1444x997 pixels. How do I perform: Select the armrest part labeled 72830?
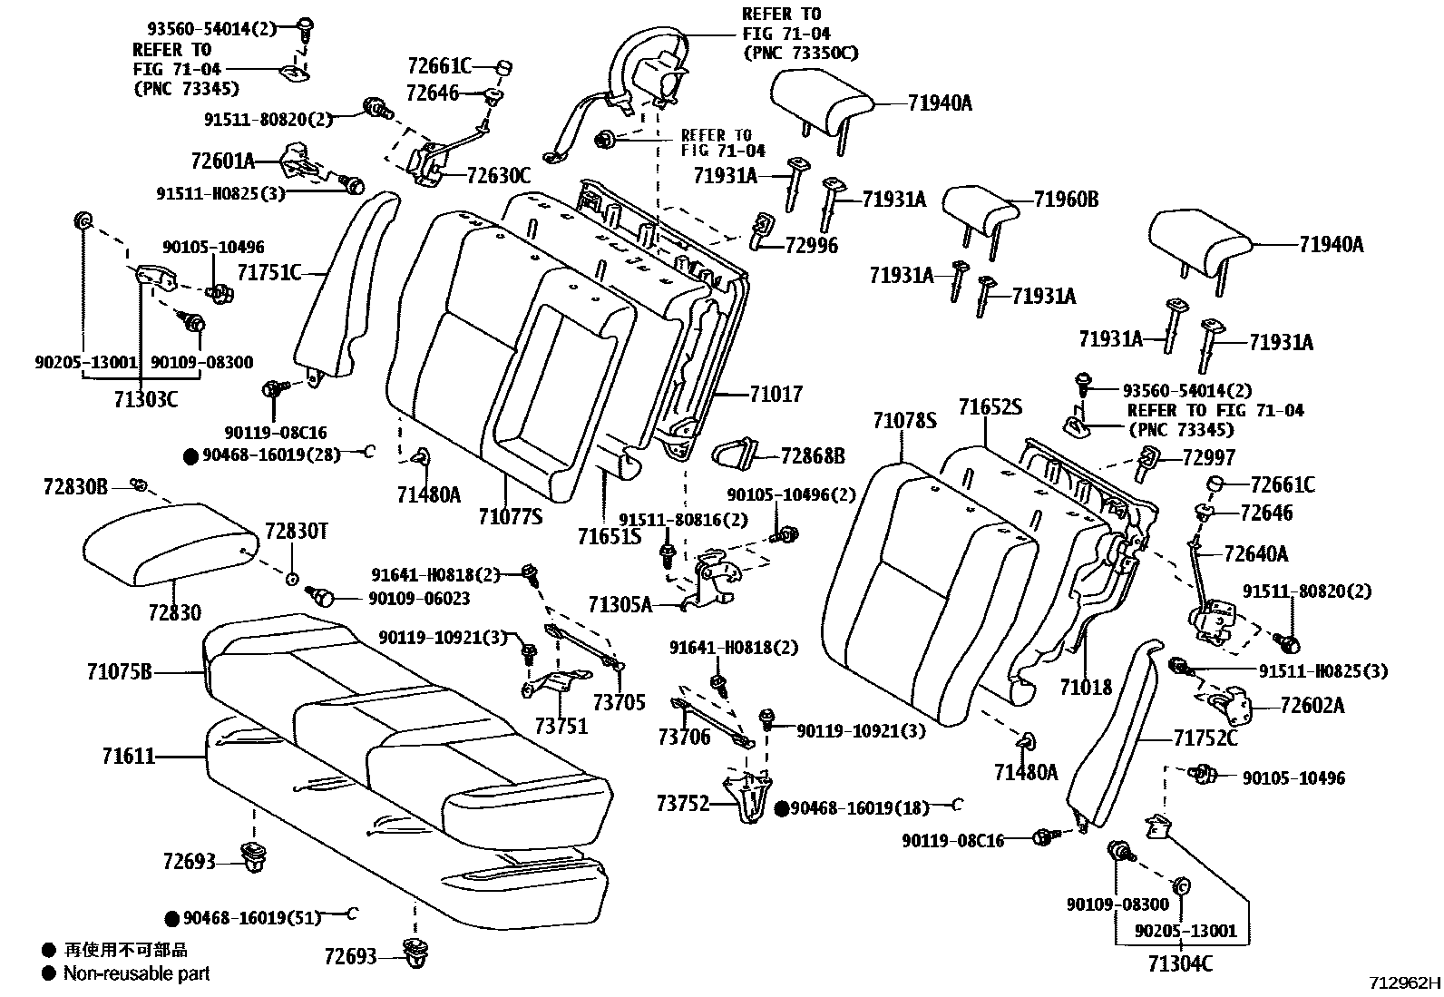point(168,542)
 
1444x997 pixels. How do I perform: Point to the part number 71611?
point(128,756)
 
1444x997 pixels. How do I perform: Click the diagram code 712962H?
point(1404,983)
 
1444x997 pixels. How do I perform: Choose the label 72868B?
point(812,455)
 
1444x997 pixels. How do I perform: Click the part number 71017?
point(776,394)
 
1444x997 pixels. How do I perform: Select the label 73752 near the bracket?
point(682,804)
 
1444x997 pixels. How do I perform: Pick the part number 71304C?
point(1179,963)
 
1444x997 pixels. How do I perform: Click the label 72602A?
point(1312,705)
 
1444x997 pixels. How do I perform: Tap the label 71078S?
point(904,421)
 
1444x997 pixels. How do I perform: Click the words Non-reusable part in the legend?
point(136,973)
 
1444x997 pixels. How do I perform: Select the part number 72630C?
point(498,175)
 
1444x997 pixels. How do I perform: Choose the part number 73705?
point(619,701)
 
